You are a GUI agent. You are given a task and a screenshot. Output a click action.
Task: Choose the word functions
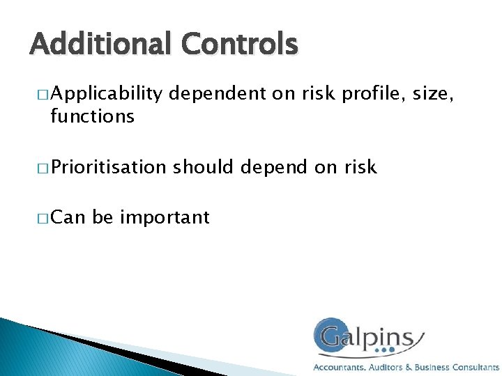[92, 116]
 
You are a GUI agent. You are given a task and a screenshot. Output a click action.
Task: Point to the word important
[165, 218]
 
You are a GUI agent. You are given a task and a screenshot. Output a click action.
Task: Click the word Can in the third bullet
[68, 218]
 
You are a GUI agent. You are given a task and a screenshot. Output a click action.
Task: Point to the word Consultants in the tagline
[476, 367]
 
